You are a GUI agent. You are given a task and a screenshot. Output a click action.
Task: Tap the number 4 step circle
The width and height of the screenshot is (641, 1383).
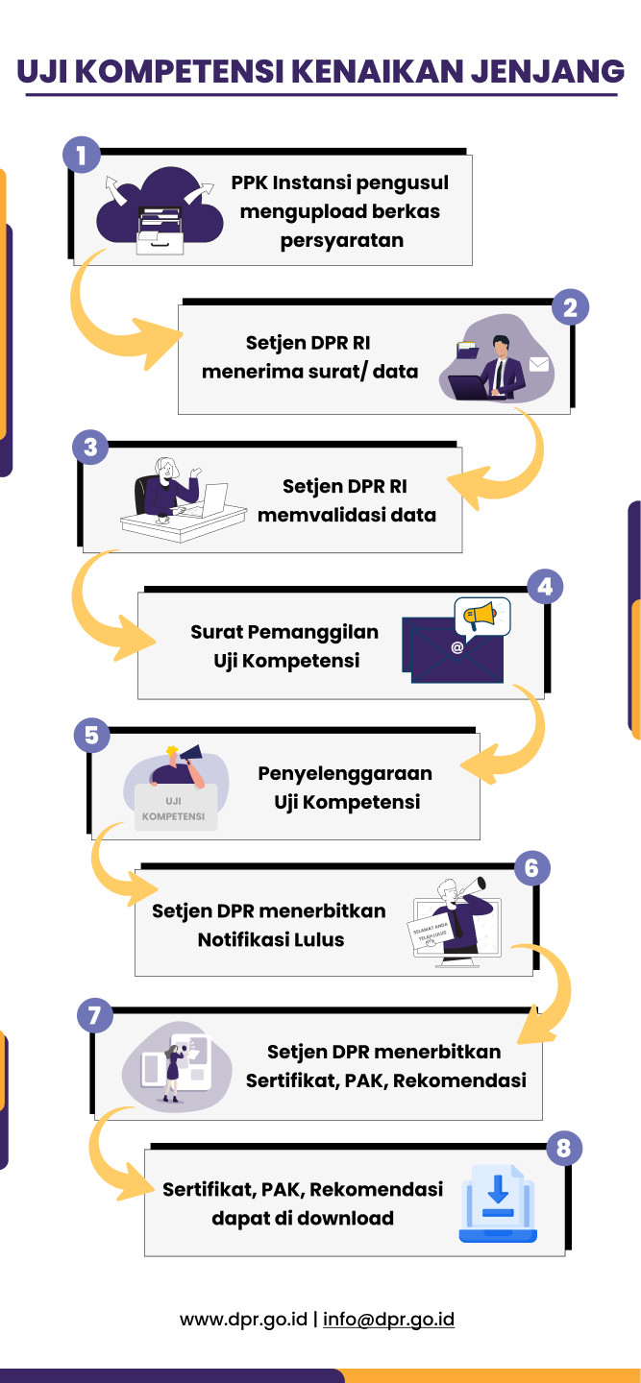coord(545,586)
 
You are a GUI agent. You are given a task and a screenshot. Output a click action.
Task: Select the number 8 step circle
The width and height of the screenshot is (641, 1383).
coord(564,1148)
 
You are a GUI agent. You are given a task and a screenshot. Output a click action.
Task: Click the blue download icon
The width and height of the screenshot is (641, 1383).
coord(498,1203)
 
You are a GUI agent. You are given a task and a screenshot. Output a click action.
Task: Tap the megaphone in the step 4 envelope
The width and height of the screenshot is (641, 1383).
coord(481,616)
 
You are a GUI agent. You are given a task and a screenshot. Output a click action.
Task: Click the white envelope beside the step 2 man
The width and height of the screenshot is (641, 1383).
coord(538,364)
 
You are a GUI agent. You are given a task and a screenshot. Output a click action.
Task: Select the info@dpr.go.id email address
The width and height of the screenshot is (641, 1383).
coord(388,1319)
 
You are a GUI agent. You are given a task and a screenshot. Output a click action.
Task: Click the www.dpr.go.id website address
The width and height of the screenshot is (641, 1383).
coord(244,1319)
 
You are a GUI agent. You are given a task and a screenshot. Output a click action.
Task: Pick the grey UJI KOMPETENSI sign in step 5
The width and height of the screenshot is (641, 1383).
coord(174,808)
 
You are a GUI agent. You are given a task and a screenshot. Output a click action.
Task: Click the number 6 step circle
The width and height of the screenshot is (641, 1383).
coord(532,868)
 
